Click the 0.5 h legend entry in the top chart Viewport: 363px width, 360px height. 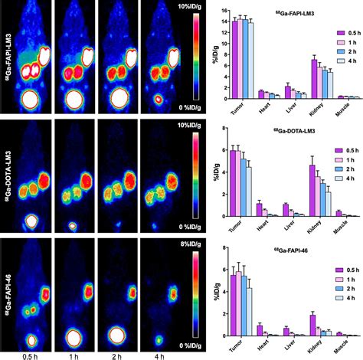click(x=342, y=34)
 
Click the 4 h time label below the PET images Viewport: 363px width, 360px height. click(x=158, y=353)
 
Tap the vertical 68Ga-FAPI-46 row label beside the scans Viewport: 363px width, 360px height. click(x=7, y=295)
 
